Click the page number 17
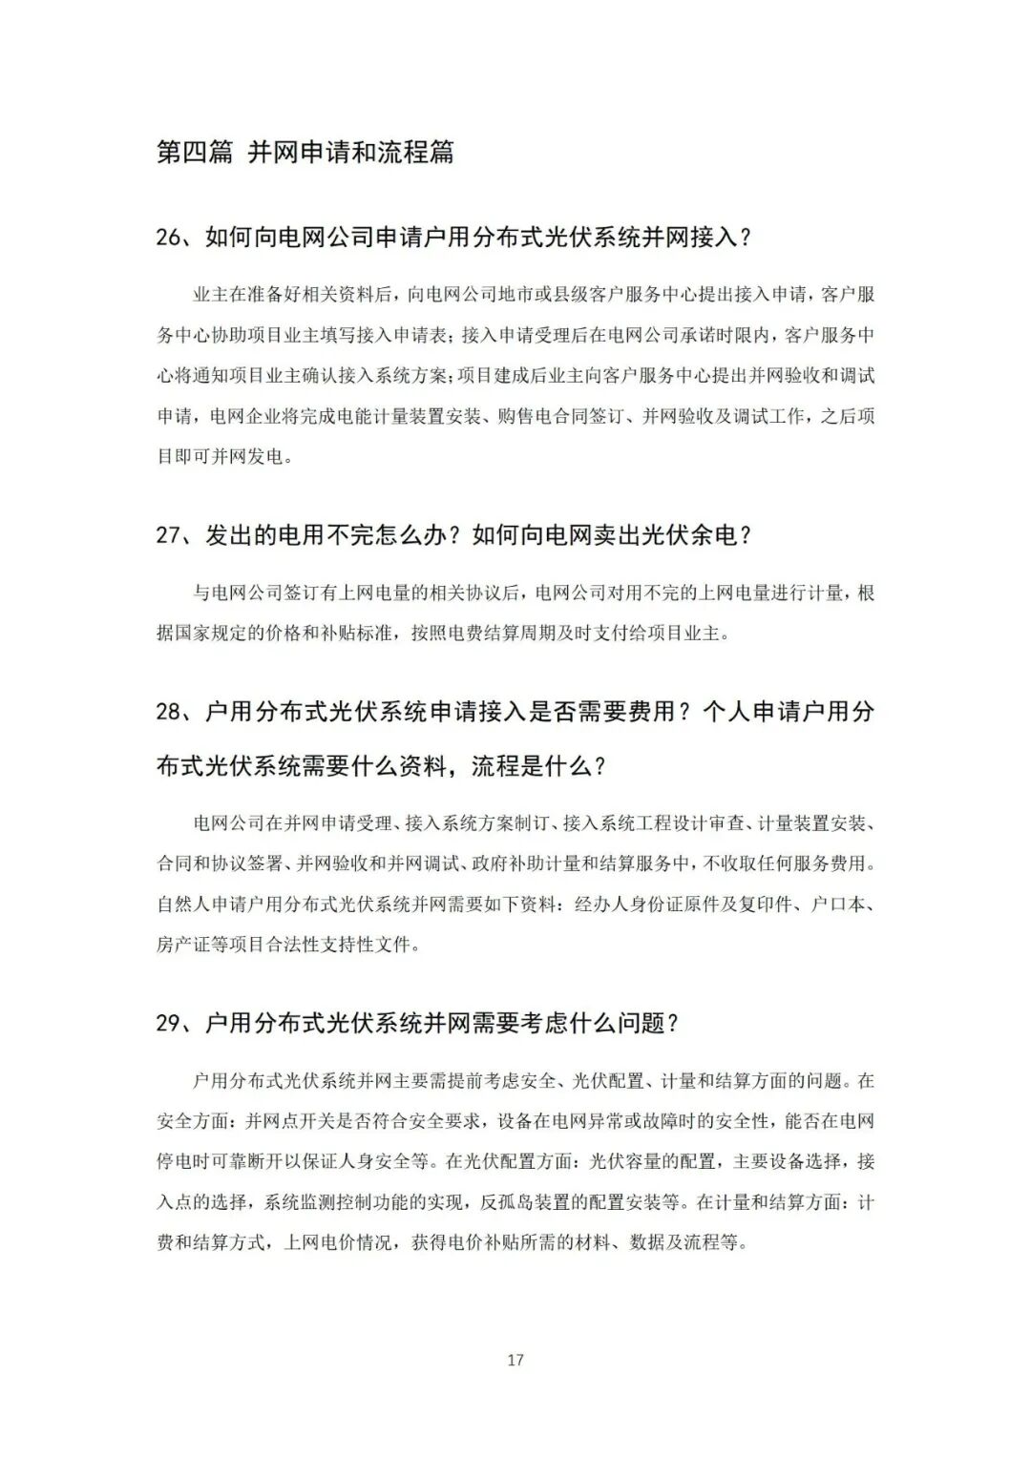pos(515,1360)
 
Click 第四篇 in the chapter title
pos(195,152)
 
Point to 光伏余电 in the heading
pos(690,535)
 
